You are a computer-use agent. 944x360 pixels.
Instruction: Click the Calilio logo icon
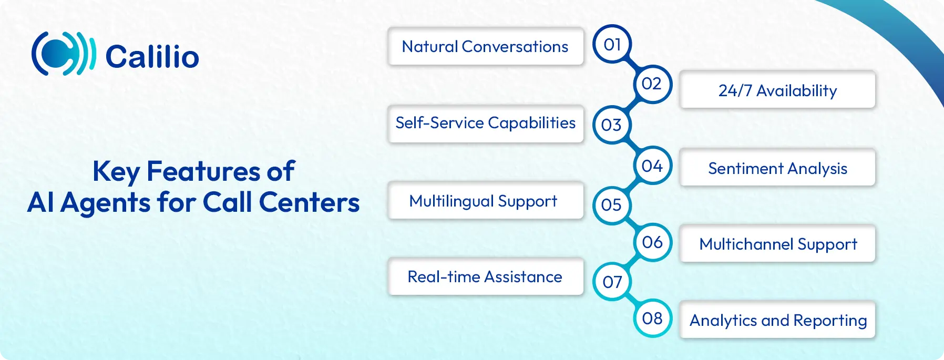click(63, 54)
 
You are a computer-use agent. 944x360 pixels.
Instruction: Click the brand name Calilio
click(152, 57)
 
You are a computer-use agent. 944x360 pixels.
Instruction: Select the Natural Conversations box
click(486, 46)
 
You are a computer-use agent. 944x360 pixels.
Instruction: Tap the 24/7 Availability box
click(777, 90)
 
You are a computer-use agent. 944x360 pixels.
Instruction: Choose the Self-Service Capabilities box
click(486, 124)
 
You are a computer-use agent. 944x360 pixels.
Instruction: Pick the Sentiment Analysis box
click(777, 168)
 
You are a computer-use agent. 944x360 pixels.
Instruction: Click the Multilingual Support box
click(486, 200)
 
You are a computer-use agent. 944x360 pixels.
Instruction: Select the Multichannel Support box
click(777, 244)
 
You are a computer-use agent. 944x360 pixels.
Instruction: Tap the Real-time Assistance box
click(486, 276)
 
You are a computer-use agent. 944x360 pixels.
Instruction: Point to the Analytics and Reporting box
click(777, 320)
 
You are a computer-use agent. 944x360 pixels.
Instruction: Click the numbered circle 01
click(612, 44)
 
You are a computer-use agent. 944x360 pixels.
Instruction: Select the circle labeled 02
click(652, 84)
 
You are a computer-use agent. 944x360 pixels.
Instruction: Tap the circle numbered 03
click(612, 125)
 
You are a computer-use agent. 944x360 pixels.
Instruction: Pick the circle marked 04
click(652, 166)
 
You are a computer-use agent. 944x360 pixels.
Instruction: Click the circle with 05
click(612, 205)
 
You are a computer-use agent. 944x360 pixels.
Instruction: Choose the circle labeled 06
click(652, 242)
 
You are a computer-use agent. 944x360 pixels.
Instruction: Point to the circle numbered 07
click(612, 282)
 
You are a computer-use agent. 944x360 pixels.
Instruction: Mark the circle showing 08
click(652, 318)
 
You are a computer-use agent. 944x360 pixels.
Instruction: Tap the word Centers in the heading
click(309, 202)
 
